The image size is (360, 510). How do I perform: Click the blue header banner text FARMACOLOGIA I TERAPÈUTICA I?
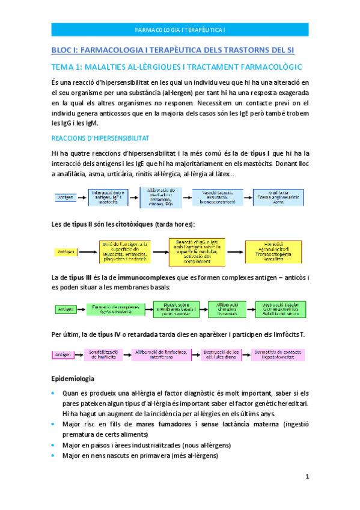pos(180,29)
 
